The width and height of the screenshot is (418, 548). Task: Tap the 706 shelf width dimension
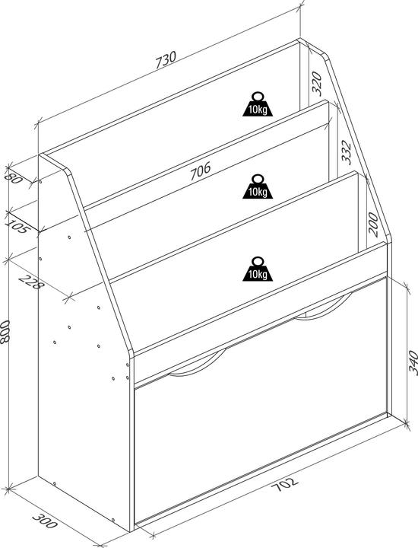coord(199,170)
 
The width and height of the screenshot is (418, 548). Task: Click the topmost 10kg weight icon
coord(256,104)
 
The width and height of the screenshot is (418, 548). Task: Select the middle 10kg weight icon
coord(256,186)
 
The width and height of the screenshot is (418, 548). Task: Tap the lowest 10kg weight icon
coord(256,267)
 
